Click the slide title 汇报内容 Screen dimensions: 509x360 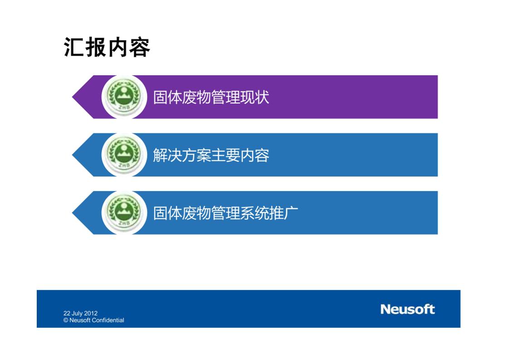pos(107,47)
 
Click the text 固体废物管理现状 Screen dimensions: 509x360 pos(211,97)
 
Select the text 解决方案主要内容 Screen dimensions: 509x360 pos(211,155)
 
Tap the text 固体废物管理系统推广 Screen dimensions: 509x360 pos(225,213)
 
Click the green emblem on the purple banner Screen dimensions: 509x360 pos(124,97)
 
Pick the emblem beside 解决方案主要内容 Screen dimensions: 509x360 pos(124,155)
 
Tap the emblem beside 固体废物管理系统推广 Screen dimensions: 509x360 pos(124,212)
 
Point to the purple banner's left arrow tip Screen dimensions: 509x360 pos(73,97)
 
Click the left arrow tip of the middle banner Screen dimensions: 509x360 pos(73,155)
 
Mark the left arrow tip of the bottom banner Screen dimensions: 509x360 pos(73,212)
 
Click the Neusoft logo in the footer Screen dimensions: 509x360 pos(407,309)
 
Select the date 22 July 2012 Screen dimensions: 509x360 pos(80,313)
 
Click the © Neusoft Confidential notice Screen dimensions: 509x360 pos(94,321)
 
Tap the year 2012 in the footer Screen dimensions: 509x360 pos(91,313)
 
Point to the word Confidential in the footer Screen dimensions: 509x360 pos(108,320)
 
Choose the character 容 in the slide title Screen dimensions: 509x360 pos(140,47)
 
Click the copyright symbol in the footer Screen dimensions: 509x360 pos(66,321)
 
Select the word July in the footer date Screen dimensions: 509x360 pos(77,314)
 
